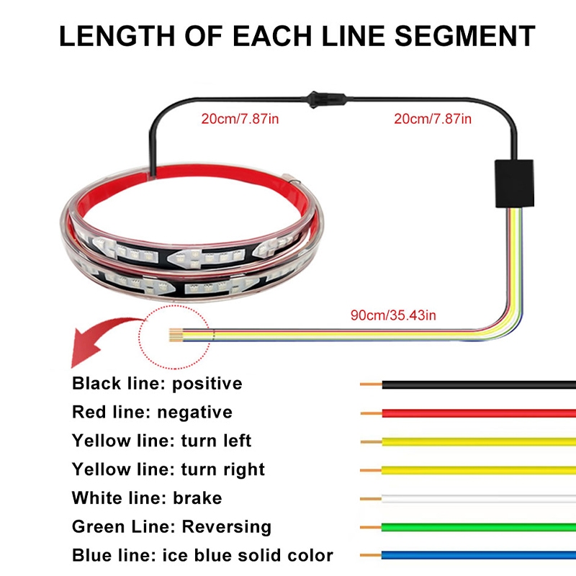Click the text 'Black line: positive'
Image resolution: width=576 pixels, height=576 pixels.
(x=157, y=383)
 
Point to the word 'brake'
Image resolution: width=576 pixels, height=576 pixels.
(x=197, y=498)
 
